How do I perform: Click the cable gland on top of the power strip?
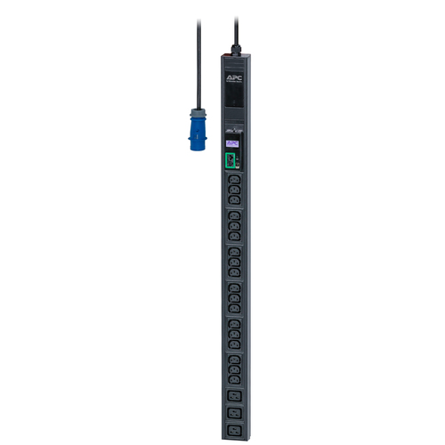tap(235, 50)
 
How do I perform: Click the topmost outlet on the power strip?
tap(233, 179)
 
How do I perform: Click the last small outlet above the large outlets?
tap(234, 375)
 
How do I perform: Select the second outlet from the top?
tap(233, 189)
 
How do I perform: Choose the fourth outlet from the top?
tap(233, 216)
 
